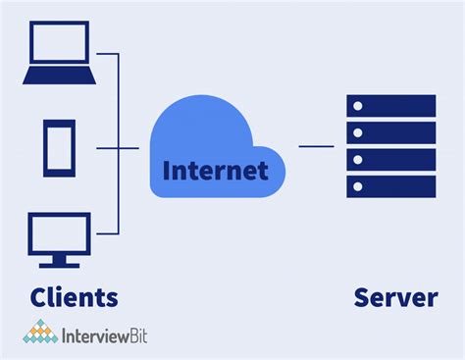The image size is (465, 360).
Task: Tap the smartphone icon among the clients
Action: point(58,147)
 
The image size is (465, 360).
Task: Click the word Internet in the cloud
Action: point(215,171)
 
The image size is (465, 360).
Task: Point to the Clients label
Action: point(74,296)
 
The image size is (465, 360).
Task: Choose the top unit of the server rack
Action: point(390,106)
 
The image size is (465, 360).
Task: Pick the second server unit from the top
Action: point(390,132)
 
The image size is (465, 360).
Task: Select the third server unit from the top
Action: point(390,159)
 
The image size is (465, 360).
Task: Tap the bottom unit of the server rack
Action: point(390,185)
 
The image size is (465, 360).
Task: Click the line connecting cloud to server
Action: point(316,147)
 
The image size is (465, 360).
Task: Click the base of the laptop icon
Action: point(58,77)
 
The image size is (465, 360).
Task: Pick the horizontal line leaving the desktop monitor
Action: point(108,235)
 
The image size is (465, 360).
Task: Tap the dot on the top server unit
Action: point(360,106)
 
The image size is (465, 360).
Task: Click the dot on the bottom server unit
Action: point(360,185)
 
